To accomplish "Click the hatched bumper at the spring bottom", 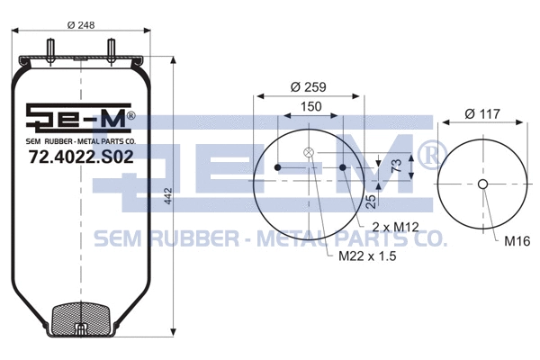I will point(81,319).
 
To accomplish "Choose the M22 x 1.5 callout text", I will point(368,255).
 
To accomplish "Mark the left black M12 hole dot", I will point(278,167).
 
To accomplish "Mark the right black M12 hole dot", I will point(343,167).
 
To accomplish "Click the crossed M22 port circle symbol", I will point(310,152).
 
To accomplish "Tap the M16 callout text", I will point(517,241).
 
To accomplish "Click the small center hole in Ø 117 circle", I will point(482,185).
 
